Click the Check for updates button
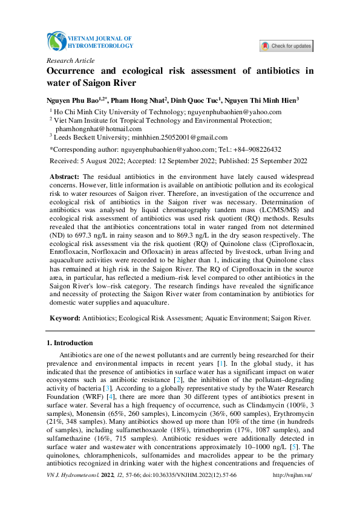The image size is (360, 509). point(286,46)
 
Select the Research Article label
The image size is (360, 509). point(70,60)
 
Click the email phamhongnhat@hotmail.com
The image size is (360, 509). point(98,129)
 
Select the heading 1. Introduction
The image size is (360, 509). point(70,343)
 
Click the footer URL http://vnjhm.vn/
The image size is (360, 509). point(293,493)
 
